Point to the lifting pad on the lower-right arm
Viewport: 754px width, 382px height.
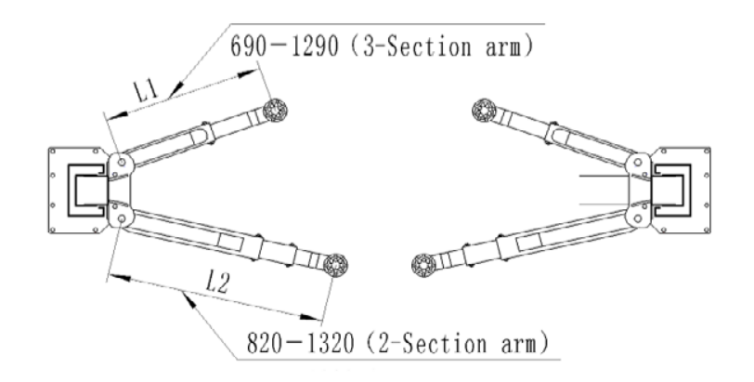[x=422, y=263]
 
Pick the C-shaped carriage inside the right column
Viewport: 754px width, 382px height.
[x=670, y=190]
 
